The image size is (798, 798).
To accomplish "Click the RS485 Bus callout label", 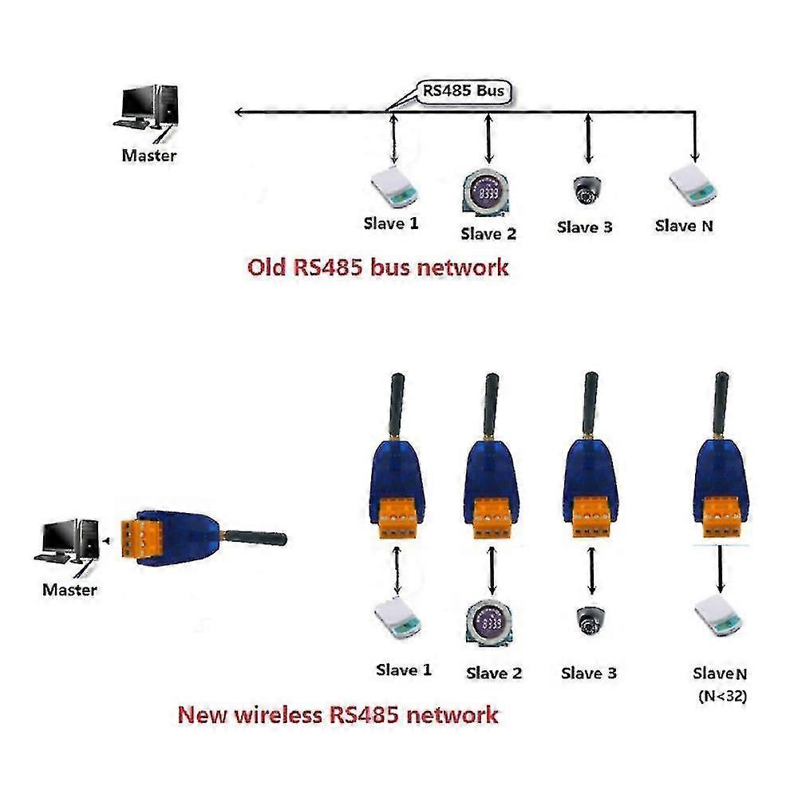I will [x=464, y=91].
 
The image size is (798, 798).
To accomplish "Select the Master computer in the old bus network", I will [x=148, y=108].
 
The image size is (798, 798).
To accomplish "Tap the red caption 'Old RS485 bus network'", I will [x=377, y=267].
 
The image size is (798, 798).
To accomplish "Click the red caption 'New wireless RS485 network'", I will [x=338, y=713].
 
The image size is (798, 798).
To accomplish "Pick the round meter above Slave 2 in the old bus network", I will [x=486, y=195].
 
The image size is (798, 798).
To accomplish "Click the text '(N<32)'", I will [x=723, y=696].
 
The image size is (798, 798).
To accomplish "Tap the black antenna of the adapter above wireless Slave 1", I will [x=396, y=406].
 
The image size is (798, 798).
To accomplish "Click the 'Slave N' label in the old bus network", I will [x=684, y=226].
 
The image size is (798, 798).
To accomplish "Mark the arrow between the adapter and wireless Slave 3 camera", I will [x=591, y=571].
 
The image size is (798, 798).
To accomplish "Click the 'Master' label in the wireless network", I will [x=69, y=591].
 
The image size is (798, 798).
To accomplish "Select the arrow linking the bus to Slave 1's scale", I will [x=393, y=141].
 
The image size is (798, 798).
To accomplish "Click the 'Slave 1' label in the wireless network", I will [x=404, y=670].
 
